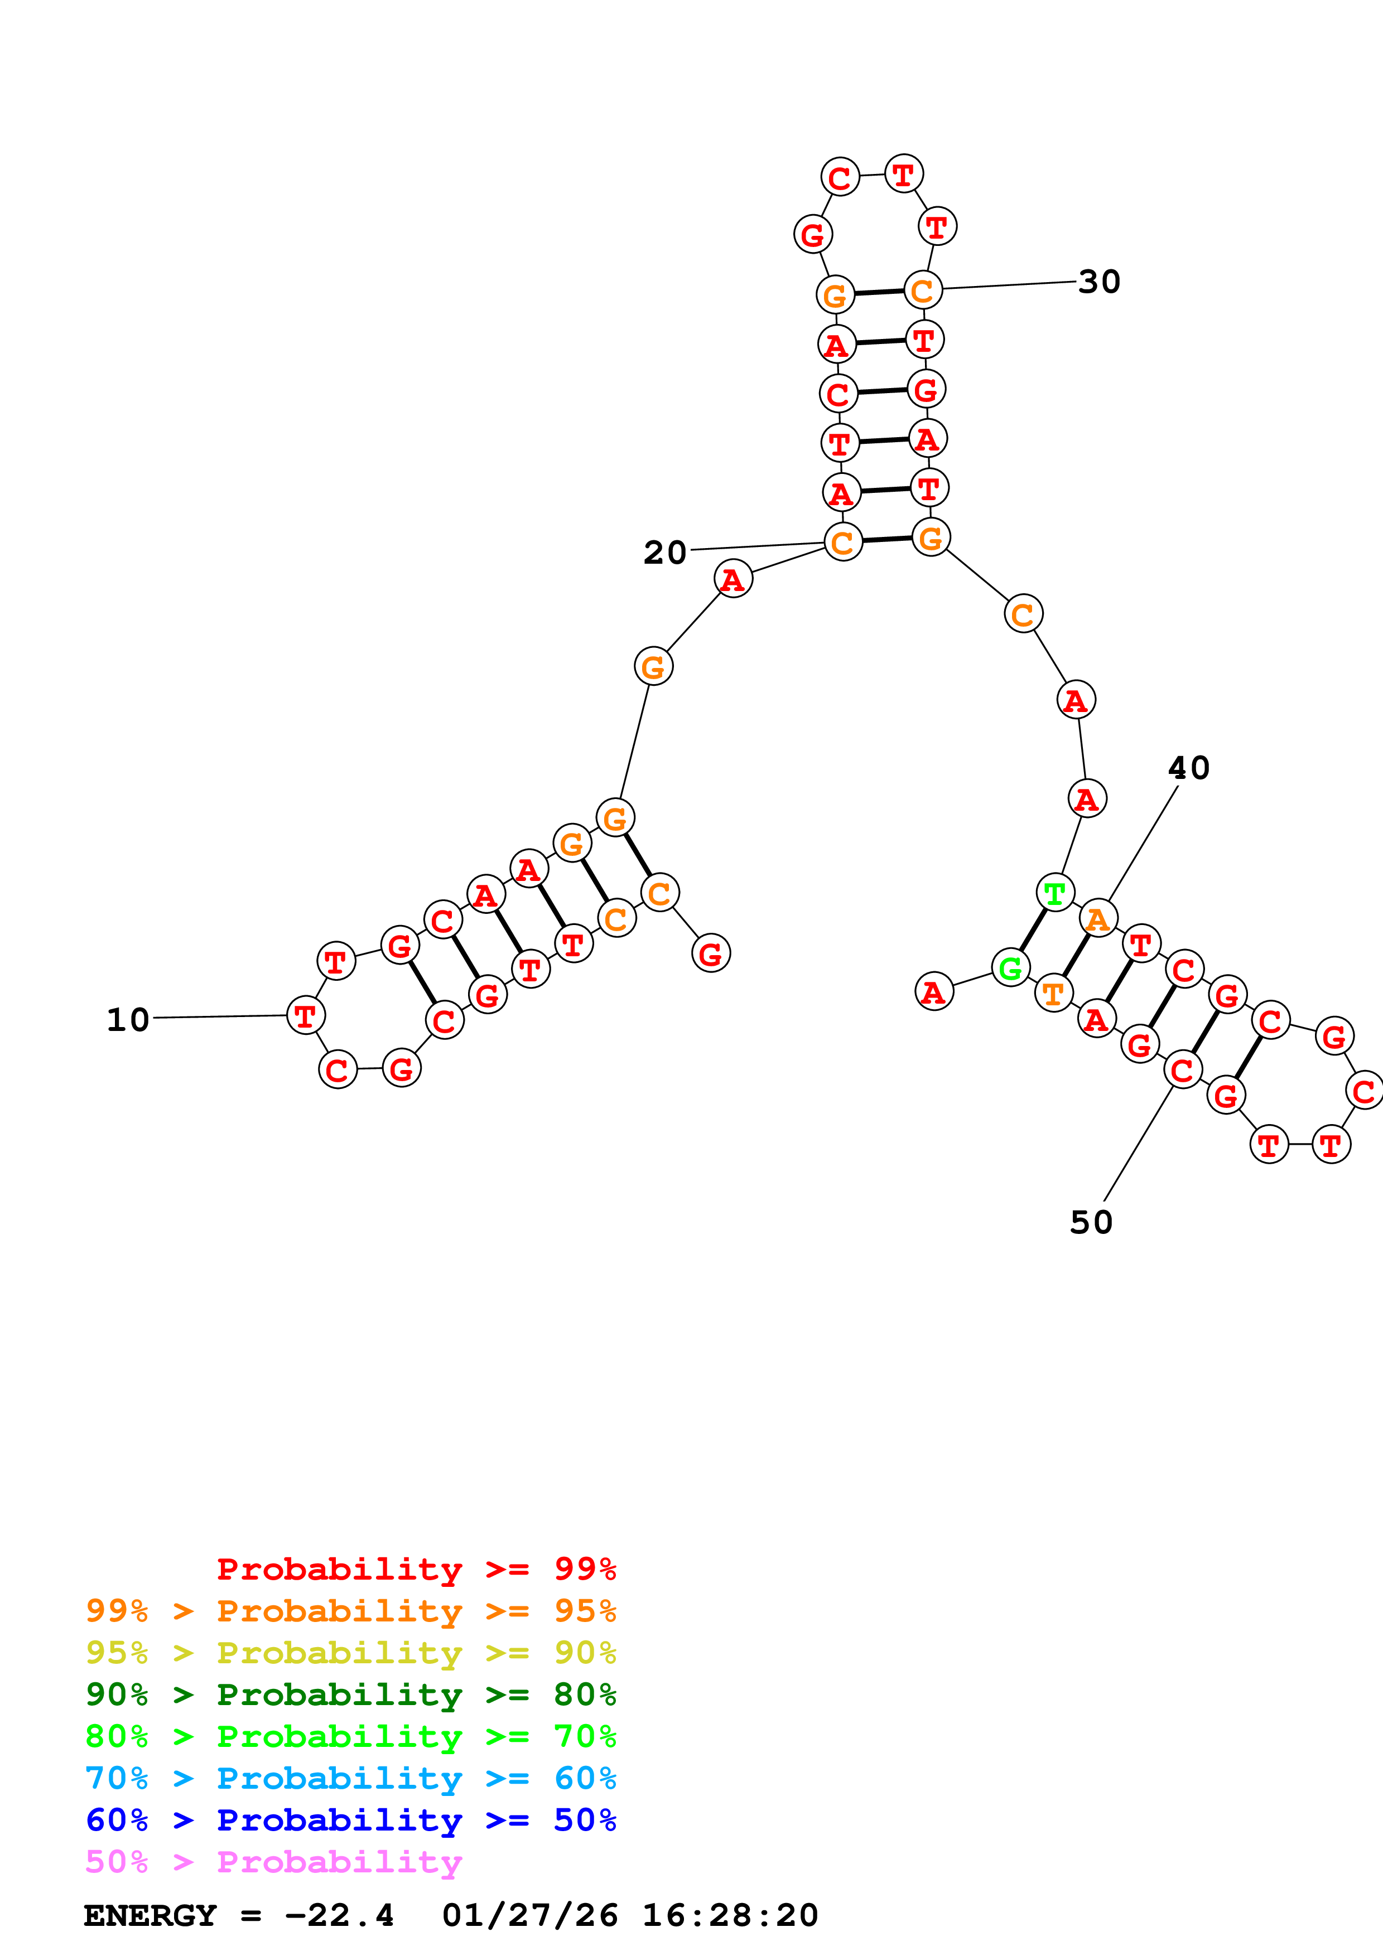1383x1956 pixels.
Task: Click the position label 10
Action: (x=128, y=1020)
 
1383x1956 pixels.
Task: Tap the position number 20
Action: (x=664, y=553)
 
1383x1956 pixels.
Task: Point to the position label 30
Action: (x=1098, y=282)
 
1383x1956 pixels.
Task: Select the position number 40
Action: (x=1189, y=768)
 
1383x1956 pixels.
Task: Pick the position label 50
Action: (x=1092, y=1222)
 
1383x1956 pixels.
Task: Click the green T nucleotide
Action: (x=1055, y=893)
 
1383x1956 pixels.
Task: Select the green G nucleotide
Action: (x=1011, y=968)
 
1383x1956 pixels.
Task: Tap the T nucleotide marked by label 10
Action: (x=305, y=1015)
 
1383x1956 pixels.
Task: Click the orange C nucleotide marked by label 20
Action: (x=843, y=542)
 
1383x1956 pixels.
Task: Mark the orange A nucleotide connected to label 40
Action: (x=1098, y=918)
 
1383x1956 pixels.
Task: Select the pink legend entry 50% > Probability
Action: (x=273, y=1862)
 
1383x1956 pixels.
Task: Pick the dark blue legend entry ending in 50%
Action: (x=351, y=1821)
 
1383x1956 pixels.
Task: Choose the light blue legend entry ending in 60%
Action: (x=351, y=1779)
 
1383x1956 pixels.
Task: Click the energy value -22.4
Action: (x=339, y=1916)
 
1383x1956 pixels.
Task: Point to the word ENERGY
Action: (x=150, y=1916)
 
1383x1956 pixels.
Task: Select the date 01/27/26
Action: (x=530, y=1916)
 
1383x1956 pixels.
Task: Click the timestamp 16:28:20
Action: (x=729, y=1916)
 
